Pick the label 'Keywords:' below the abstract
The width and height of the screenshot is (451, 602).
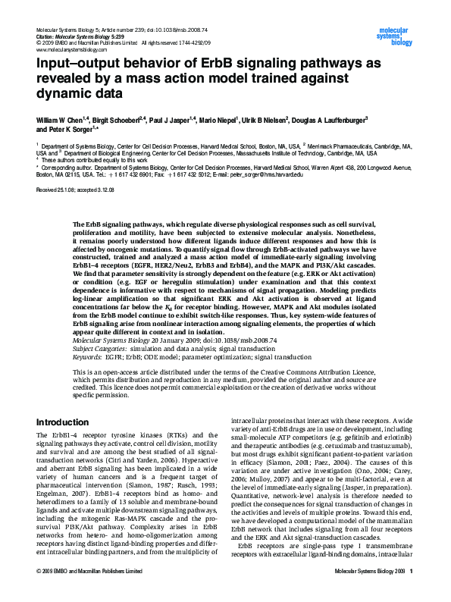click(x=89, y=355)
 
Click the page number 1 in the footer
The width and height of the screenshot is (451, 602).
click(x=410, y=591)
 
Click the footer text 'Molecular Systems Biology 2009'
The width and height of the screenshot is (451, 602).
click(x=369, y=591)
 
